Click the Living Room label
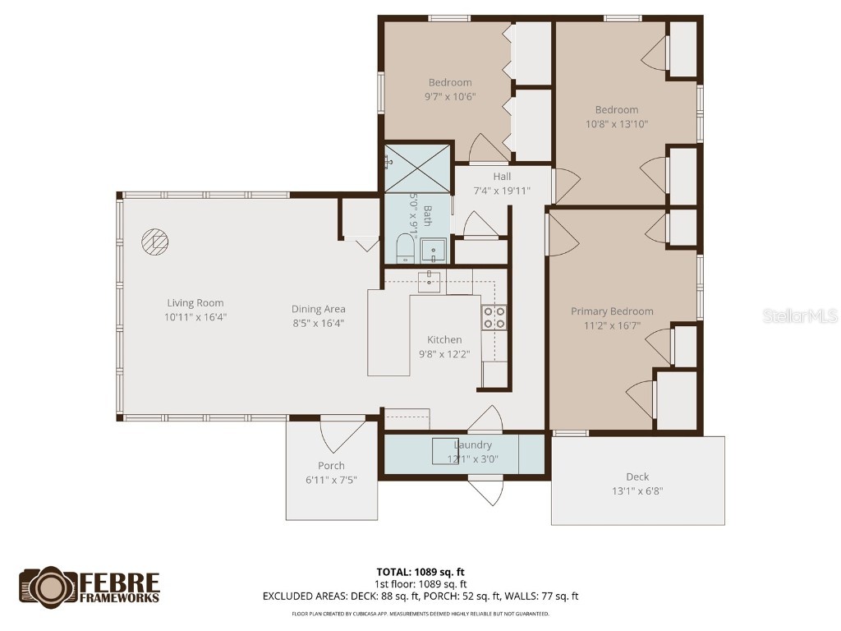195,303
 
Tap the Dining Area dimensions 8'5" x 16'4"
318,323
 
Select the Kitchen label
443,340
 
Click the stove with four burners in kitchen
494,316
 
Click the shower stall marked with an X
418,168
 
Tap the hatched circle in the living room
154,242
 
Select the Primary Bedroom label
612,311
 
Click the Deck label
637,477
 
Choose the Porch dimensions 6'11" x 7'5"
332,480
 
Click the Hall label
502,177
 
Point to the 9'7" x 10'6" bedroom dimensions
450,96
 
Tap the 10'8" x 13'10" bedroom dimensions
616,124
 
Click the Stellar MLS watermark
799,315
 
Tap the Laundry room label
472,445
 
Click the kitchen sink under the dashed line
430,281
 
